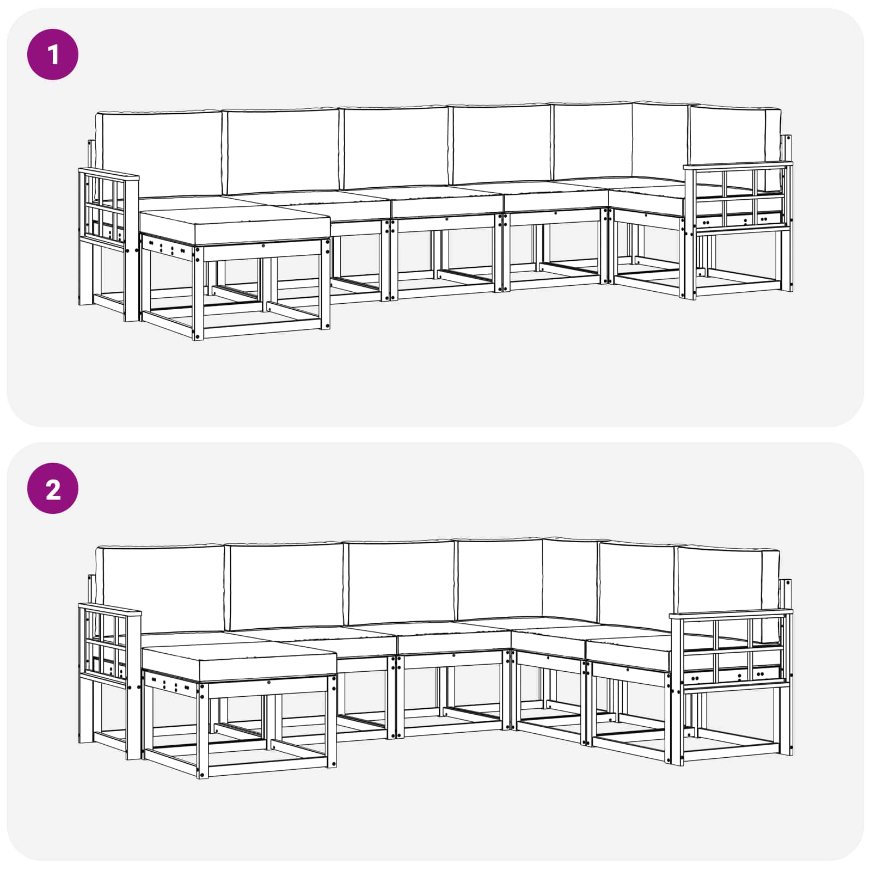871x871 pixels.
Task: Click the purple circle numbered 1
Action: (53, 54)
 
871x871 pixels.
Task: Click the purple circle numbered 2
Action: (53, 488)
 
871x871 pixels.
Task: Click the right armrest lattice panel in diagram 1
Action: (739, 199)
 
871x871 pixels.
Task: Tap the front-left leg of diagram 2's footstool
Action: (203, 730)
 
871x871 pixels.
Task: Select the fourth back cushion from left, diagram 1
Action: (501, 144)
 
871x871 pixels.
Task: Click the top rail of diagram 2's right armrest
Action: (731, 614)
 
